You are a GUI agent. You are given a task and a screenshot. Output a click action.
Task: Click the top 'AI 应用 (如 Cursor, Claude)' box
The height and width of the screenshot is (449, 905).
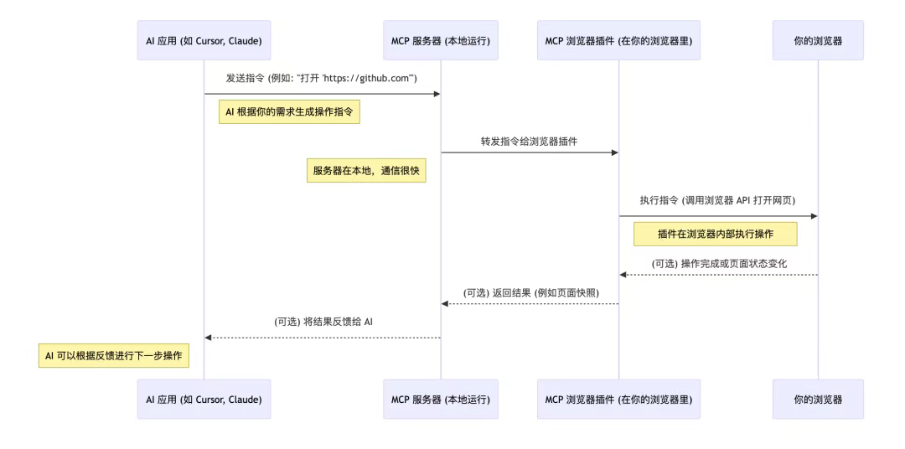coord(204,40)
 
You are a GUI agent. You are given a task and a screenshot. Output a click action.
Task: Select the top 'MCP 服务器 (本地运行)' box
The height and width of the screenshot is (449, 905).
coord(441,40)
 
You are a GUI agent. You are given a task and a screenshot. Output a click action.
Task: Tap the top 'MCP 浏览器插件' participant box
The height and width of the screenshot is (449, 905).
coord(618,40)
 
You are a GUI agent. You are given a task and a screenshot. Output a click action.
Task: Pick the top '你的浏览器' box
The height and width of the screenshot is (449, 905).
coord(817,40)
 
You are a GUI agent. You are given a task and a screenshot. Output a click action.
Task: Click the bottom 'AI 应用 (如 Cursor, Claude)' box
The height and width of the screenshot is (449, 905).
coord(204,400)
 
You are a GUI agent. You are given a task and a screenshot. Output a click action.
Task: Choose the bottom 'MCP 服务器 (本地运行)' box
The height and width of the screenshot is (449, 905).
coord(441,400)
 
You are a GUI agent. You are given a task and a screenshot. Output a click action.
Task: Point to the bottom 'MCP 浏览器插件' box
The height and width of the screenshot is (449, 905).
coord(618,400)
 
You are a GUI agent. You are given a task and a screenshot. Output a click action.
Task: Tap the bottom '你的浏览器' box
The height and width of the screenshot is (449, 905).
coord(817,400)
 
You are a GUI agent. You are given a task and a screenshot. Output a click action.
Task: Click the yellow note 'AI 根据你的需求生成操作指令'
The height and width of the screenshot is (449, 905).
coord(289,112)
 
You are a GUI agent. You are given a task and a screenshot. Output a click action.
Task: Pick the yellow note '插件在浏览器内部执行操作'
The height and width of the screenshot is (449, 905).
coord(715,234)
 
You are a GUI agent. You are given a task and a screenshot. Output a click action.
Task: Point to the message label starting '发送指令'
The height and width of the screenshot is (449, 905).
coord(322,78)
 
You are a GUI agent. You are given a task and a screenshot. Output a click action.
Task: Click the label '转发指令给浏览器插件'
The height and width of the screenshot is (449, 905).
coord(529,141)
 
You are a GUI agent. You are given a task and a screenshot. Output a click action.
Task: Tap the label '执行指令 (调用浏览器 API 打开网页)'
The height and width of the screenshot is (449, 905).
coord(717,200)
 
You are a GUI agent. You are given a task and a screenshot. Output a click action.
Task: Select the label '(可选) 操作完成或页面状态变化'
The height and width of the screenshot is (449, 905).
coord(718,263)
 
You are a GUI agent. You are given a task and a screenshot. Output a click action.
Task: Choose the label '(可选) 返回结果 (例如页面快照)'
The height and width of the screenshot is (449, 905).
coord(530,292)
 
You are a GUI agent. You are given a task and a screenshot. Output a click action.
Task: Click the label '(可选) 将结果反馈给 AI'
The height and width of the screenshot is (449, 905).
coord(323,322)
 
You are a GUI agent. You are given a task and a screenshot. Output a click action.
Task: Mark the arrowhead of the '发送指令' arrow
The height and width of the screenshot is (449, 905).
coord(437,94)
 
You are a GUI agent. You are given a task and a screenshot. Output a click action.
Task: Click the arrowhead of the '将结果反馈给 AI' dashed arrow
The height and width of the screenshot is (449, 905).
coord(209,338)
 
